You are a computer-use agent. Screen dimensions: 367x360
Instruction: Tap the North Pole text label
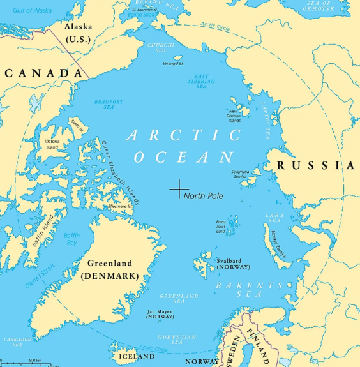tap(203, 197)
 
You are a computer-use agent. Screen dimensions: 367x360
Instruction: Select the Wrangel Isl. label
tap(172, 64)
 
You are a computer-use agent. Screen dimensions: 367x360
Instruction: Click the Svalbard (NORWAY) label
tap(233, 264)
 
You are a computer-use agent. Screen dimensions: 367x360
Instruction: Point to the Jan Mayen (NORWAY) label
tap(160, 314)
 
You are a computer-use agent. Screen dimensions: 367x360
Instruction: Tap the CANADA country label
tap(43, 73)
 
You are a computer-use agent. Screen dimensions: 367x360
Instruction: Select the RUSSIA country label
tap(315, 166)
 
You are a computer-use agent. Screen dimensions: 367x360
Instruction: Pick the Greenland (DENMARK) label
tap(110, 269)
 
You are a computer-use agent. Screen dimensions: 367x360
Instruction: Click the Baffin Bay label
tap(71, 239)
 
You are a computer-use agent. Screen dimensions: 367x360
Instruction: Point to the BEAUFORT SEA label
tap(109, 104)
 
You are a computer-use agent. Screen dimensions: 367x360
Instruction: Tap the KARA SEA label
tap(274, 219)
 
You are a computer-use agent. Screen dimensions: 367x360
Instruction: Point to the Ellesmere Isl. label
tap(121, 206)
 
